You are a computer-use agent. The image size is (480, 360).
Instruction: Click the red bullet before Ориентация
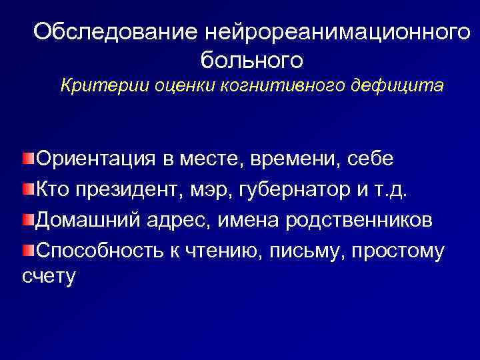point(27,159)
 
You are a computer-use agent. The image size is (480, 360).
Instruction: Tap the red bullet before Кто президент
point(27,190)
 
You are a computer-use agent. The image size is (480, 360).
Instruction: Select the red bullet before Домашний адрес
point(27,220)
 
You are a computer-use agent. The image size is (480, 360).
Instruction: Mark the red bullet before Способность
point(27,250)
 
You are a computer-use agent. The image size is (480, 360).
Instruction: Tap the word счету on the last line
point(48,275)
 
